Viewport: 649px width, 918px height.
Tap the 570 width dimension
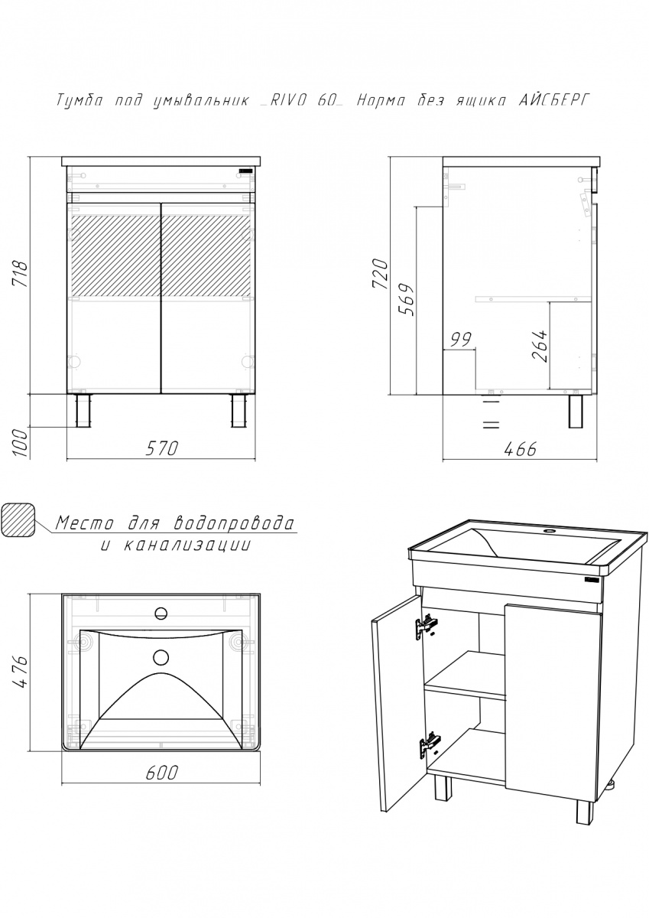pyautogui.click(x=162, y=448)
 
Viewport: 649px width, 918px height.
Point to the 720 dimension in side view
pyautogui.click(x=380, y=274)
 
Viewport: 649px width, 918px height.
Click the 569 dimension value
pyautogui.click(x=407, y=300)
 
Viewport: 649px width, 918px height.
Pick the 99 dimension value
pyautogui.click(x=461, y=340)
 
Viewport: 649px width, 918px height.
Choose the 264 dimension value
pyautogui.click(x=540, y=345)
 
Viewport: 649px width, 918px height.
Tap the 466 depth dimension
pyautogui.click(x=520, y=450)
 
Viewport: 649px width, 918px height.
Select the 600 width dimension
pyautogui.click(x=162, y=772)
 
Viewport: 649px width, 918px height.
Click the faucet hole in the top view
pyautogui.click(x=161, y=613)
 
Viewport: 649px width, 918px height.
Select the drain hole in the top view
pyautogui.click(x=161, y=658)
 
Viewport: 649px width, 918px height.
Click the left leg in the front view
pyautogui.click(x=83, y=411)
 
